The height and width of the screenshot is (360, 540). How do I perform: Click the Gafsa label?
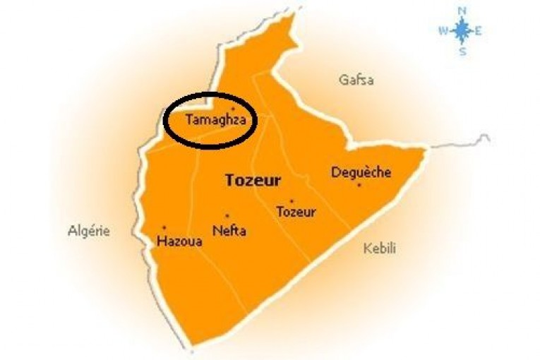[x=356, y=80]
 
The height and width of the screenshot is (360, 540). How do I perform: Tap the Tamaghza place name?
[x=215, y=120]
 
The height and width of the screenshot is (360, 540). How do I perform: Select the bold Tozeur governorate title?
[x=253, y=180]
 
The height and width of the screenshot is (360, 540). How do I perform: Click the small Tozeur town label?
[x=296, y=212]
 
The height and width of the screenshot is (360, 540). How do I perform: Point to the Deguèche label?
[x=361, y=172]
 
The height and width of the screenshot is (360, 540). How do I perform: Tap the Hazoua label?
[x=179, y=241]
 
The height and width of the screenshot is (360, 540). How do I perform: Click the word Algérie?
[x=89, y=230]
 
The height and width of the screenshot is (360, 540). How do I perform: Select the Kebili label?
[x=380, y=248]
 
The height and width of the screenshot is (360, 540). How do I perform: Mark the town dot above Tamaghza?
[x=233, y=109]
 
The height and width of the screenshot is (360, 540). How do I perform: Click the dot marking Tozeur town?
[x=292, y=201]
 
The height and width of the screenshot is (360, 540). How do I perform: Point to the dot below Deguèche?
[x=359, y=185]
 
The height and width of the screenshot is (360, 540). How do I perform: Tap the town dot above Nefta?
[x=227, y=216]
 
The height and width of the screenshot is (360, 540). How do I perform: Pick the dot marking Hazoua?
[x=164, y=228]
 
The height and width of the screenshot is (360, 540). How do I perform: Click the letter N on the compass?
[x=462, y=11]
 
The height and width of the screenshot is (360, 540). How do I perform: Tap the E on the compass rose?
[x=479, y=30]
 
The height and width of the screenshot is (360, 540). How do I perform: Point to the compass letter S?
[x=462, y=50]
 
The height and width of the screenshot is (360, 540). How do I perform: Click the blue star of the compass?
[x=462, y=30]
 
